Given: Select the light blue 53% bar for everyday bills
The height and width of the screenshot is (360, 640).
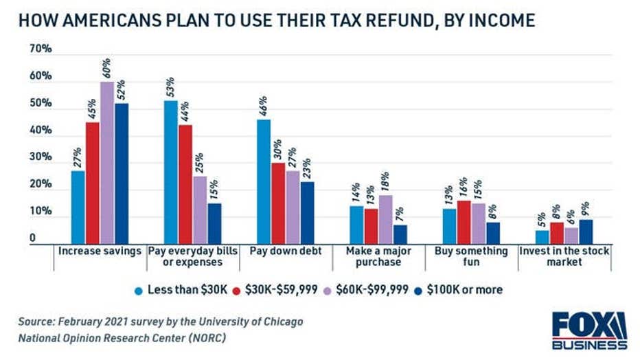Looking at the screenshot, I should tap(170, 172).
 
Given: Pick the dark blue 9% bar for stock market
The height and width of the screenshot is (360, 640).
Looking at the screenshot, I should tap(586, 232).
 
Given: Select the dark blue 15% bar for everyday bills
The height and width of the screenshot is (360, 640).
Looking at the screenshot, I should tap(214, 224).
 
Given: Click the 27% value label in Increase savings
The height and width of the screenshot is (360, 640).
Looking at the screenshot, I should tap(78, 157).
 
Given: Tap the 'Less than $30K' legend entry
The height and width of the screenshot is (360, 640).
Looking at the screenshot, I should tap(183, 290).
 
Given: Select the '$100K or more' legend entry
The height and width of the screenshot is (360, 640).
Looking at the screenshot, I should tap(464, 290).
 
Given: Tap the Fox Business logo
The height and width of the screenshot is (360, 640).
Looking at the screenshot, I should tap(589, 330).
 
